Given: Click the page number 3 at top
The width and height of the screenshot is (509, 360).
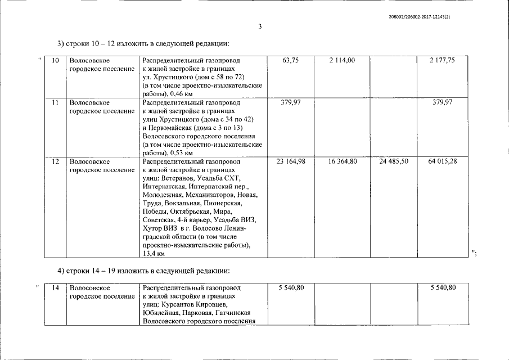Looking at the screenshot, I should (260, 27).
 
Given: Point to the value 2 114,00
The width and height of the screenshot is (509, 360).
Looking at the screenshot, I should (342, 60).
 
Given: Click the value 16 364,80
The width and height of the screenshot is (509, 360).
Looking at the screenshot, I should (342, 161).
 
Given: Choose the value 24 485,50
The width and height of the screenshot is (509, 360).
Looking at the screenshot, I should (394, 161).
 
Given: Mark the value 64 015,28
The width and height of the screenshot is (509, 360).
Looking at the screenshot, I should (442, 161).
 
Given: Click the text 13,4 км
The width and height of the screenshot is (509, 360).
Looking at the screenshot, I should (154, 254).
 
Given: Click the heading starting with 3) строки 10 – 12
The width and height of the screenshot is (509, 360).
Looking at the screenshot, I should (145, 44).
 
